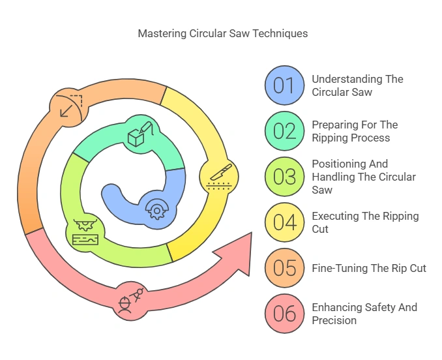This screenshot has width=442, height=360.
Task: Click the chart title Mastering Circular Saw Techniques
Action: (x=223, y=33)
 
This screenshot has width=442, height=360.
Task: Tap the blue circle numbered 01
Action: (x=284, y=85)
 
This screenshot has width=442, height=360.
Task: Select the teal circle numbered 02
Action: (x=284, y=131)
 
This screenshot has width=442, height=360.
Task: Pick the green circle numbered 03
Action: (x=284, y=177)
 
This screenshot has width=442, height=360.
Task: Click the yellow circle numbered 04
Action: (x=284, y=222)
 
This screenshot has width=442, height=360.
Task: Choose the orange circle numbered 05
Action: (x=284, y=268)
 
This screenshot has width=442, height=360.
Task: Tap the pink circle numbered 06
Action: (x=284, y=314)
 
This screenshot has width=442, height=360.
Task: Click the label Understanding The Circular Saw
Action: (x=357, y=85)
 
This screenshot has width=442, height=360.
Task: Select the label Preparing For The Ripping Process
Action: (x=354, y=131)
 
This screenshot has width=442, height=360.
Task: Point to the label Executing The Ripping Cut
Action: (x=365, y=222)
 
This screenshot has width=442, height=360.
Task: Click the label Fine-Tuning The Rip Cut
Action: (x=369, y=268)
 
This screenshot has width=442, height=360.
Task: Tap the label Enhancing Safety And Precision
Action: (x=364, y=314)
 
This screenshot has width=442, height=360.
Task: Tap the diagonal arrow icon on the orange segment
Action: (x=68, y=105)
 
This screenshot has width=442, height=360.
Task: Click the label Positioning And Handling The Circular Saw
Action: (x=363, y=177)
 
